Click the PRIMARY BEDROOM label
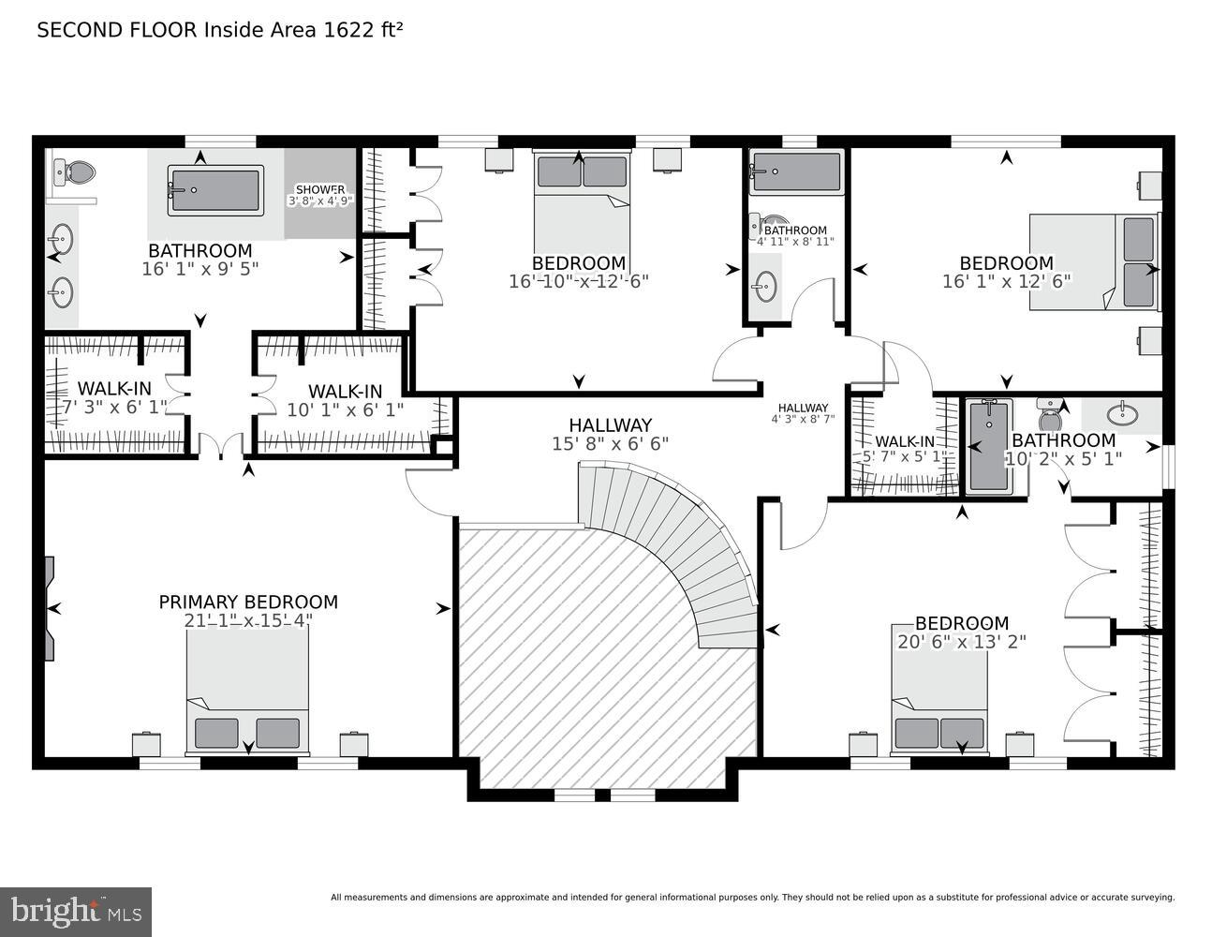[248, 602]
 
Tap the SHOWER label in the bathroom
[319, 189]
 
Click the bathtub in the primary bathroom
[215, 190]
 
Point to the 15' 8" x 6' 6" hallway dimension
[610, 444]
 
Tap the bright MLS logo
[76, 911]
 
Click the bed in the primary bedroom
[247, 693]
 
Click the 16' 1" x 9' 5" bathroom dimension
[200, 269]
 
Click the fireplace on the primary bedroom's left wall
[49, 609]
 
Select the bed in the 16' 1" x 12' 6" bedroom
[1094, 261]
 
